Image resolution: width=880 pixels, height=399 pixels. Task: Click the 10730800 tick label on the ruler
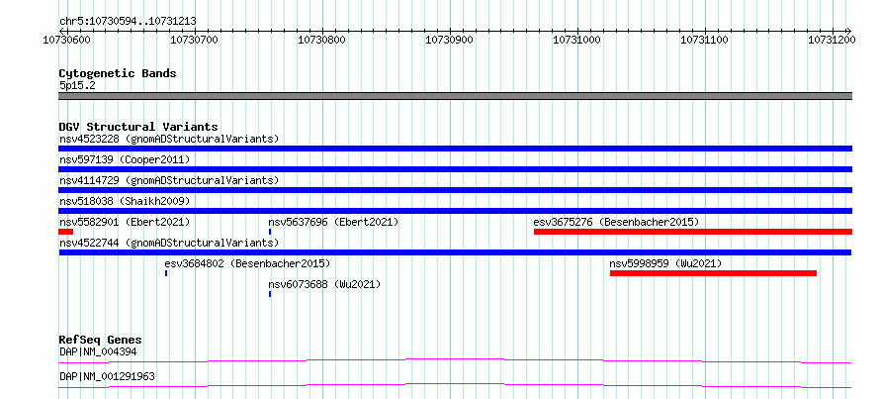(x=321, y=40)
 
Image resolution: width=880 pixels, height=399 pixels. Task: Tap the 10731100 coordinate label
(x=704, y=40)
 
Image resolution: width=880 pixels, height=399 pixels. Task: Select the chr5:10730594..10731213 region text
(x=128, y=22)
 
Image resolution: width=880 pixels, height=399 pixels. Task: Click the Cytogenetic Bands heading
(x=118, y=73)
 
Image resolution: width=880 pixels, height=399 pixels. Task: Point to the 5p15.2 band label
(x=77, y=86)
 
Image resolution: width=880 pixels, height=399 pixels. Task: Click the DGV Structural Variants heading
(x=138, y=127)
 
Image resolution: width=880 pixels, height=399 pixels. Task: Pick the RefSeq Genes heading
(x=101, y=340)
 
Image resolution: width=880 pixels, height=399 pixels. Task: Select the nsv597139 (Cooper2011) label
(x=125, y=160)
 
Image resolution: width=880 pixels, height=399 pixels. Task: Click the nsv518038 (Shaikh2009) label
(x=125, y=201)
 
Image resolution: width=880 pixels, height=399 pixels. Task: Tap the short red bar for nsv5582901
(x=65, y=232)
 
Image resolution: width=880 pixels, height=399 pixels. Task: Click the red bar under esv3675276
(x=693, y=232)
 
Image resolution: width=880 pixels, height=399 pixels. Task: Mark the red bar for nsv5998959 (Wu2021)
(x=713, y=273)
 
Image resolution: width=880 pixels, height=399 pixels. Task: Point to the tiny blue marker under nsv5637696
(x=270, y=232)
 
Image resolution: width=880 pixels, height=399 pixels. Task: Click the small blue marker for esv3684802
(x=166, y=273)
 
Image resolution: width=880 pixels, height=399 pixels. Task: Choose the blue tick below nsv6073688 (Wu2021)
(x=270, y=294)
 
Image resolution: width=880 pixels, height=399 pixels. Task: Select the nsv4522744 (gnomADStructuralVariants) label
(x=169, y=243)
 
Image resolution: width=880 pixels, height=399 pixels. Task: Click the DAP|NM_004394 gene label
(x=98, y=352)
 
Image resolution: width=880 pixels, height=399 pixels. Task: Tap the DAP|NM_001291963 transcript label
(x=107, y=376)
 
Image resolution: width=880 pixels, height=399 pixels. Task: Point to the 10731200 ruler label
(x=832, y=40)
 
